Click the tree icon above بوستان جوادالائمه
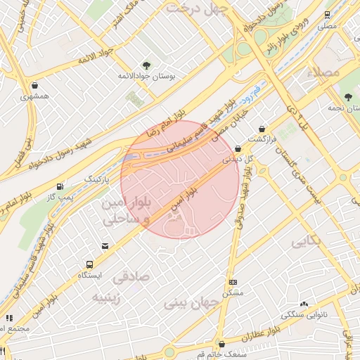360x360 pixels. coord(146,64)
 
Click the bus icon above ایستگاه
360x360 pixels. coord(89,264)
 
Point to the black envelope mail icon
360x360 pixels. coord(105,246)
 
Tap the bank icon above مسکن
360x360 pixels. coord(233,282)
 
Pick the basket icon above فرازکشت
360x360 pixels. coord(262,129)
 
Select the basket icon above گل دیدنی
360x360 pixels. coord(238,148)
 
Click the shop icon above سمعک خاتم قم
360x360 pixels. coord(222,345)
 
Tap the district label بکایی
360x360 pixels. coord(307,241)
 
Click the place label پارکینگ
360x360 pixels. coord(98,179)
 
